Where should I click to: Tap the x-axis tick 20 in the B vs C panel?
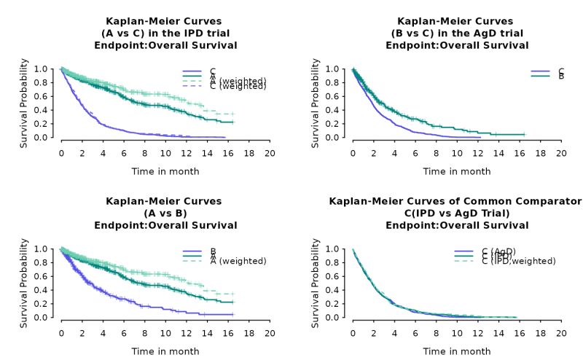click(560, 154)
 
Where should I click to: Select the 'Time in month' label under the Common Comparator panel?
click(457, 351)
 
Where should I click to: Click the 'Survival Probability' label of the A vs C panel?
click(24, 103)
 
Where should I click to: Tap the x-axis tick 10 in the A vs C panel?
click(165, 154)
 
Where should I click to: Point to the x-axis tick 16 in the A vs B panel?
click(228, 333)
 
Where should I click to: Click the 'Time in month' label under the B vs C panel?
click(457, 171)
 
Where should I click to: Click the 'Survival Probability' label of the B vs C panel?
click(316, 103)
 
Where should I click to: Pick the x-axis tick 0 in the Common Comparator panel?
click(353, 333)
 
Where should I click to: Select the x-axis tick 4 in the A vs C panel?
click(103, 154)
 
